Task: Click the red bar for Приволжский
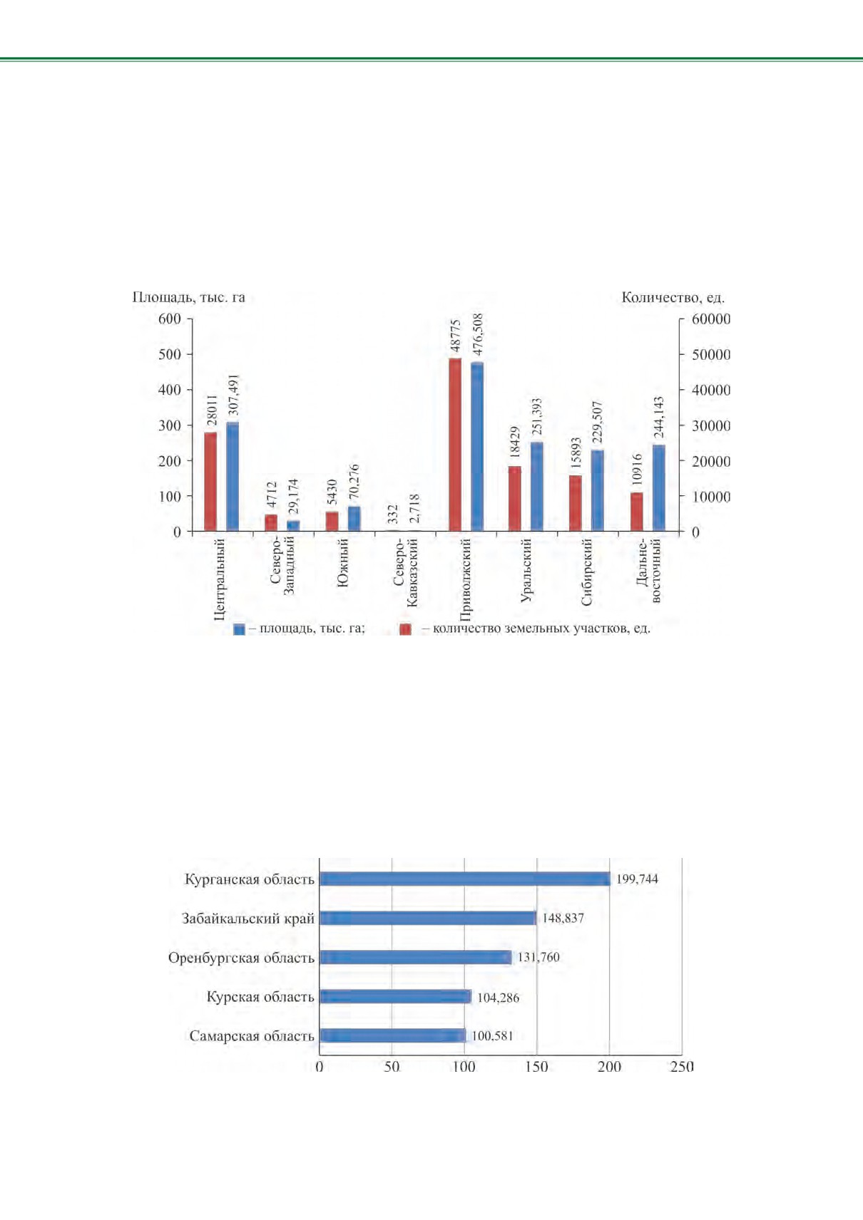pos(454,445)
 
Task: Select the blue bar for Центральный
pos(233,477)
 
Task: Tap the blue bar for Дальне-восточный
pos(658,488)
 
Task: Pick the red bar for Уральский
pos(515,499)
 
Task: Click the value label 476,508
pos(478,335)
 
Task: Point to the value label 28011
pos(212,410)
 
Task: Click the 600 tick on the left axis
pos(170,319)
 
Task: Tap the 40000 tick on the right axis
pos(711,390)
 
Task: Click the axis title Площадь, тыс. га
pos(188,297)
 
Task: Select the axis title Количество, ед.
pos(673,297)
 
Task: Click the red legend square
pos(405,629)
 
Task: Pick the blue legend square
pos(239,629)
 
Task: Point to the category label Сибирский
pos(586,572)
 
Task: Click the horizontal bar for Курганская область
pos(465,879)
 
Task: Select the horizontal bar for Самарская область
pos(392,1035)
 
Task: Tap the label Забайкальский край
pos(248,919)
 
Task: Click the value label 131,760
pos(538,957)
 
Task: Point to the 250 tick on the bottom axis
pos(682,1067)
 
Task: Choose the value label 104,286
pos(499,997)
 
